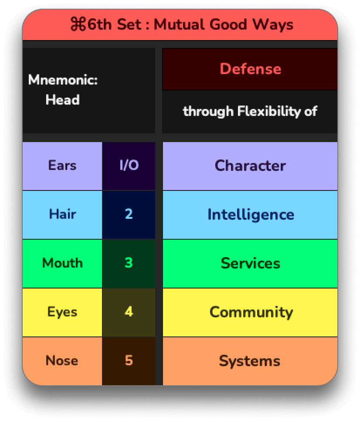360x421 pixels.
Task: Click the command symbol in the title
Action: pos(78,24)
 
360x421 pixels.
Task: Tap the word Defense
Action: pos(251,69)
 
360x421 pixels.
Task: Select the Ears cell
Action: pos(62,166)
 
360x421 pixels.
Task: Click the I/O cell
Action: pos(129,166)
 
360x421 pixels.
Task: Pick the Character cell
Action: pos(250,166)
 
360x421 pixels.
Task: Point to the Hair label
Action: pos(62,214)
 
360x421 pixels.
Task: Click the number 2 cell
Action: pos(129,215)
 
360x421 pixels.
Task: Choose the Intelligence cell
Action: pos(250,215)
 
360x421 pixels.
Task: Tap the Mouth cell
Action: pos(62,264)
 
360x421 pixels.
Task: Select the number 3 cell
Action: pos(129,264)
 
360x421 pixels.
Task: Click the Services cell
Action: pos(250,264)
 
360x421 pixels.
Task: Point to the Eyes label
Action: pos(62,312)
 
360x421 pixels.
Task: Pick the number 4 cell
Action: pos(129,312)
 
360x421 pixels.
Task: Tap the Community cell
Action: pos(250,312)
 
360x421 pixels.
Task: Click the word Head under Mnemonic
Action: pos(63,100)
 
